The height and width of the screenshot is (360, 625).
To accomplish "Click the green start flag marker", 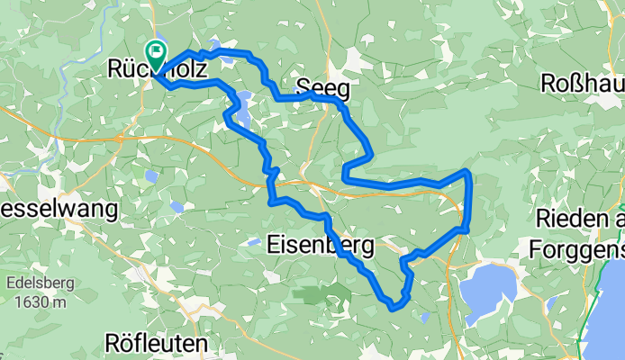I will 155,53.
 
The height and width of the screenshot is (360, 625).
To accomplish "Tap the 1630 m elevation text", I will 34,302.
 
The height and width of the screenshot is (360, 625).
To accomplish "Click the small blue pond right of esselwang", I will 176,207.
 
